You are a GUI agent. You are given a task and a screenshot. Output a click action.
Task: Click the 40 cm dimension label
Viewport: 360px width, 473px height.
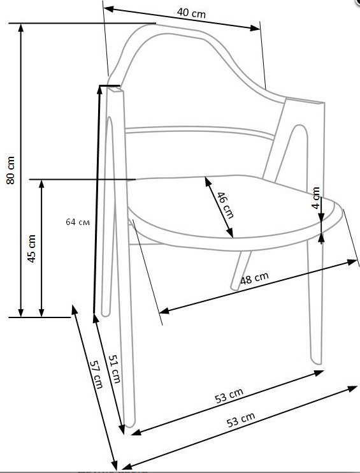[x=191, y=13]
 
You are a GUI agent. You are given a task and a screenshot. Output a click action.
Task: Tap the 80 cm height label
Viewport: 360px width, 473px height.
[x=11, y=170]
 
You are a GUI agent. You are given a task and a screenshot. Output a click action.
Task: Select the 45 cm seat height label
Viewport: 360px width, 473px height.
[x=32, y=249]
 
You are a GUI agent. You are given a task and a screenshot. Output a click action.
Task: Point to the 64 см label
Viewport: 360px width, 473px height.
[x=78, y=222]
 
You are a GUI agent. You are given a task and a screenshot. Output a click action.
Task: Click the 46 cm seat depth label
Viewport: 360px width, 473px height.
[x=225, y=205]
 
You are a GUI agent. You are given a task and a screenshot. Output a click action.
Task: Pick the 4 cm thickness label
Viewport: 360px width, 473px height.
[x=315, y=198]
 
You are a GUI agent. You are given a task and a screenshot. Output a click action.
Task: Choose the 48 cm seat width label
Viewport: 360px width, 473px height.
[x=254, y=278]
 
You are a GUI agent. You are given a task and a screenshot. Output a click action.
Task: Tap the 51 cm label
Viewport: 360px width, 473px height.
[x=115, y=368]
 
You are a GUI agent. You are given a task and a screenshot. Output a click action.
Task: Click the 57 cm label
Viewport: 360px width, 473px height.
[x=96, y=374]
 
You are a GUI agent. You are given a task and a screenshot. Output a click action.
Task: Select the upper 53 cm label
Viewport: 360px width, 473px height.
[x=229, y=395]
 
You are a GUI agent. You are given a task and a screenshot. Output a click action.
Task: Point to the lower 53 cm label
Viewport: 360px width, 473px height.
[x=241, y=419]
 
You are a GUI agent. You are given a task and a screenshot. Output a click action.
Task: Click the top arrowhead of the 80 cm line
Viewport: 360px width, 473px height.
[x=21, y=27]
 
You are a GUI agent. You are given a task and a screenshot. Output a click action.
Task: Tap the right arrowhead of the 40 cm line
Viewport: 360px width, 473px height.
[x=256, y=28]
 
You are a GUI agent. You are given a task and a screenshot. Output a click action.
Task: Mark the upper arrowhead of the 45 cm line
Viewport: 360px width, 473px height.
[x=41, y=184]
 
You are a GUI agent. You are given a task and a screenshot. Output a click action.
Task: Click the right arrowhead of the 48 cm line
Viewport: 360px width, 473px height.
[x=353, y=262]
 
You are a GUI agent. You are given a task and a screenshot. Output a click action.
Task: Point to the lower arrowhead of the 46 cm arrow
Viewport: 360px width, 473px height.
[x=230, y=233]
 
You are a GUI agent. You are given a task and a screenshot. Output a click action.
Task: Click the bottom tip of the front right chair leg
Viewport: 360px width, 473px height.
[x=317, y=362]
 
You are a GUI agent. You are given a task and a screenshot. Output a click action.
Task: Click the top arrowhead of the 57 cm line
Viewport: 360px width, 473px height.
[x=74, y=310]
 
